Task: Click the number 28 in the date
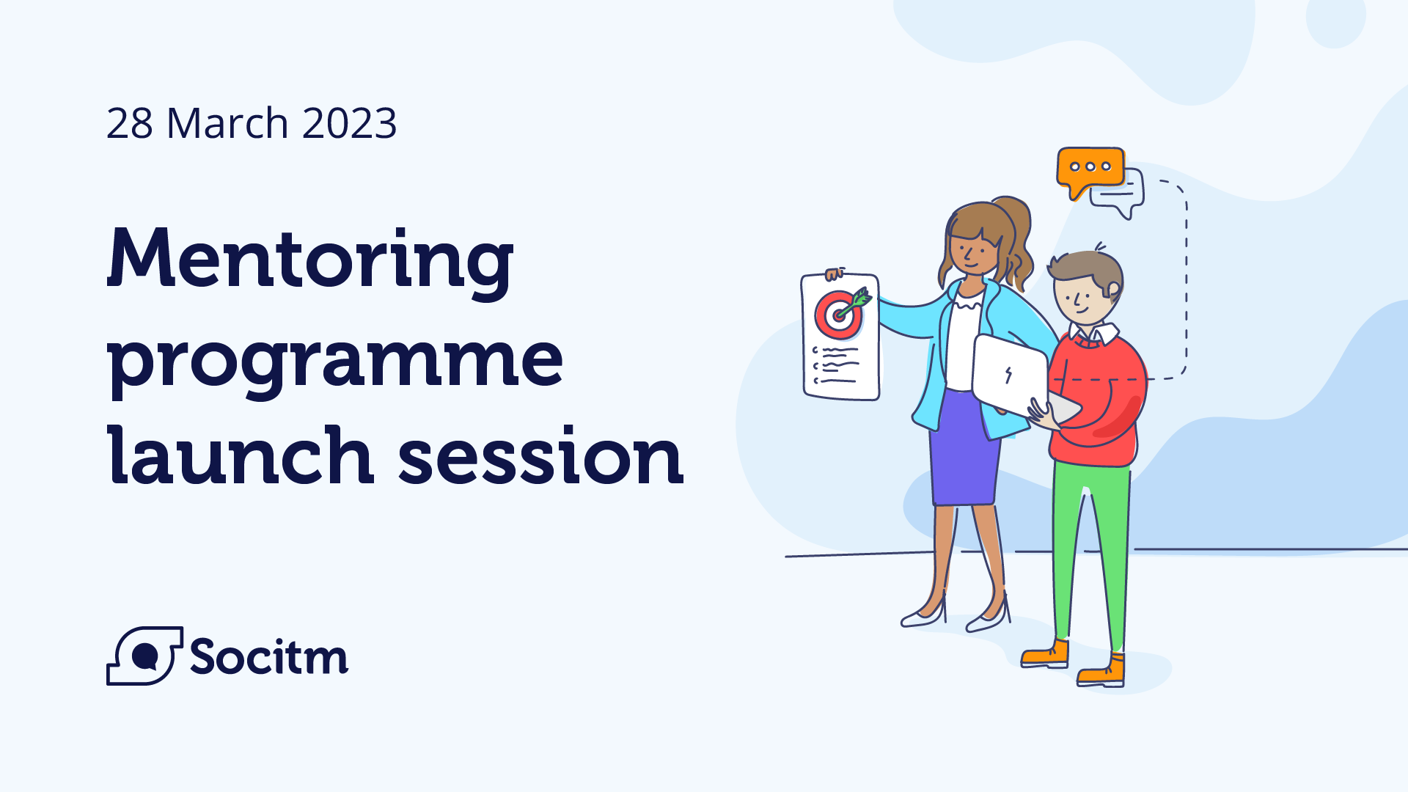click(129, 123)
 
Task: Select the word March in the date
click(227, 123)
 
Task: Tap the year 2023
click(349, 123)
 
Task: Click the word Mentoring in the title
click(309, 260)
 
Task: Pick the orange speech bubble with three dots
click(1090, 168)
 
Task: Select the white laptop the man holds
click(1010, 374)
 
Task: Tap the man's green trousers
click(1090, 550)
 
